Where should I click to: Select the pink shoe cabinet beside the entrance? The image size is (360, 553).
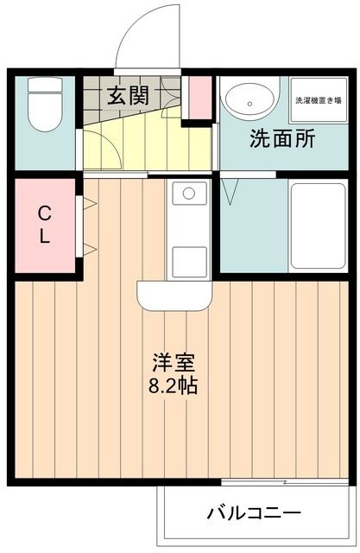[200, 99]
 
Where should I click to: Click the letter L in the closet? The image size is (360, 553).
[43, 234]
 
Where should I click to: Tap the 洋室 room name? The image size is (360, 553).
[173, 361]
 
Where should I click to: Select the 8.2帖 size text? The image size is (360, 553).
[173, 385]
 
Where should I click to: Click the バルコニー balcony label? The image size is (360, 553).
[254, 513]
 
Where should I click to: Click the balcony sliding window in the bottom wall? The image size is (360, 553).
[284, 480]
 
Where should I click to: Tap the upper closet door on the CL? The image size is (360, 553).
[88, 204]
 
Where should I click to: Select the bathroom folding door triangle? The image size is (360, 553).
[231, 192]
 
